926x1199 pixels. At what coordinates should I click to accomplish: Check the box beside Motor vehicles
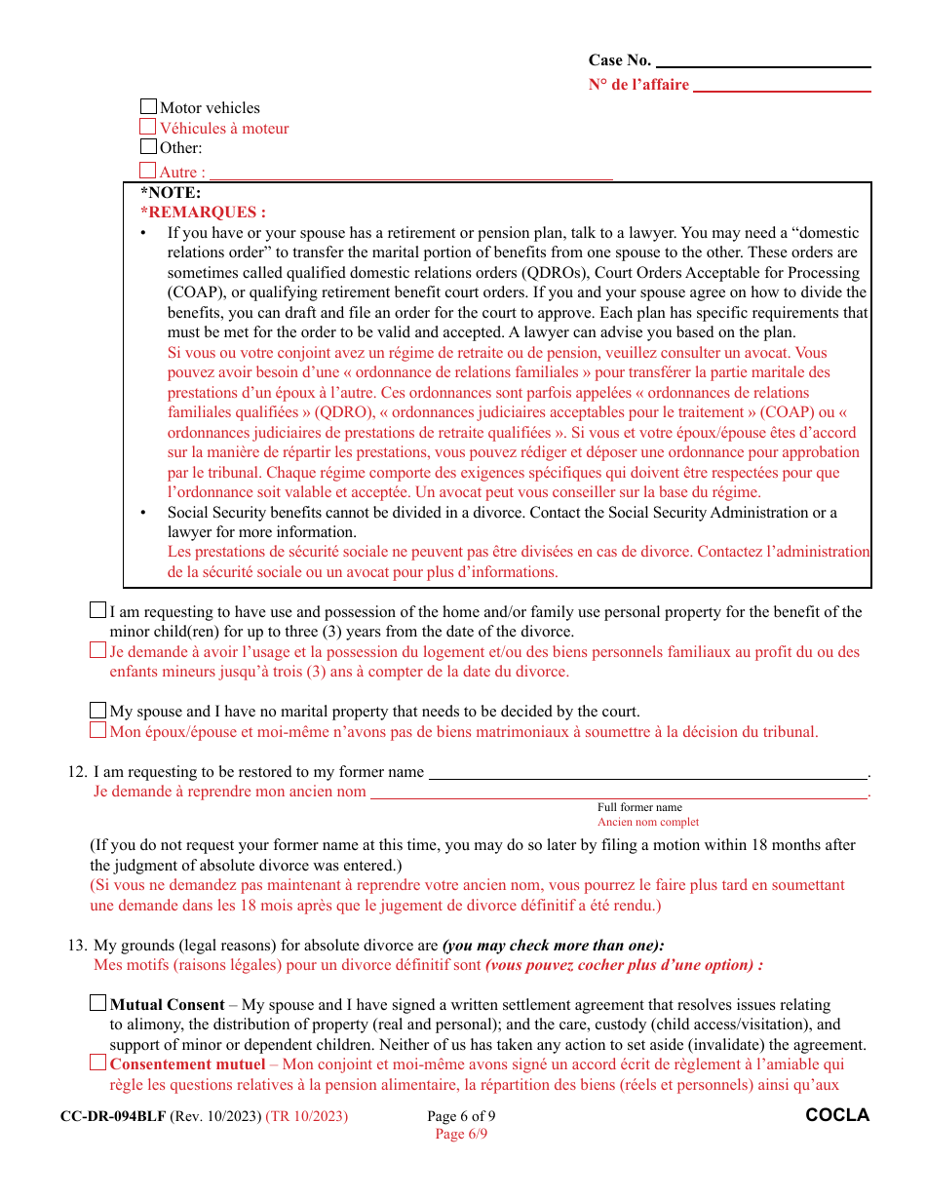pos(148,107)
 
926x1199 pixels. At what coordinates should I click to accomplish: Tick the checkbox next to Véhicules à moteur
pos(148,127)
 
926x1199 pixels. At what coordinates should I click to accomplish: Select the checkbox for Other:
pos(148,147)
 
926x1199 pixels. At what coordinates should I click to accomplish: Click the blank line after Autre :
pos(410,174)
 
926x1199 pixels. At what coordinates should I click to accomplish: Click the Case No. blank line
pos(763,60)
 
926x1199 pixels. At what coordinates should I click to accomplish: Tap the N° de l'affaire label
pos(638,85)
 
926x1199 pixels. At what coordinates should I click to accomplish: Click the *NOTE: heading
pos(171,193)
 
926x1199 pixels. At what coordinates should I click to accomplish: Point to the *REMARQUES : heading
pos(203,213)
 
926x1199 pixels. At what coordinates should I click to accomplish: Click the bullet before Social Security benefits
pos(144,513)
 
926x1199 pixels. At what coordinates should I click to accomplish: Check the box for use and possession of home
pos(97,610)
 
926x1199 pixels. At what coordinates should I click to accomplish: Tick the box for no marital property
pos(97,710)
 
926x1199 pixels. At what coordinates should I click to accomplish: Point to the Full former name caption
pos(639,807)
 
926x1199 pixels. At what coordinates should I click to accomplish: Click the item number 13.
pos(77,946)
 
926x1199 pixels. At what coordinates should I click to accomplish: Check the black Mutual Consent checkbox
pos(97,1002)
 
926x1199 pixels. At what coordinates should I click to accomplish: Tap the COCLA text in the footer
pos(837,1115)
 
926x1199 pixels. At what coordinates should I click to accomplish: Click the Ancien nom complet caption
pos(648,822)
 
